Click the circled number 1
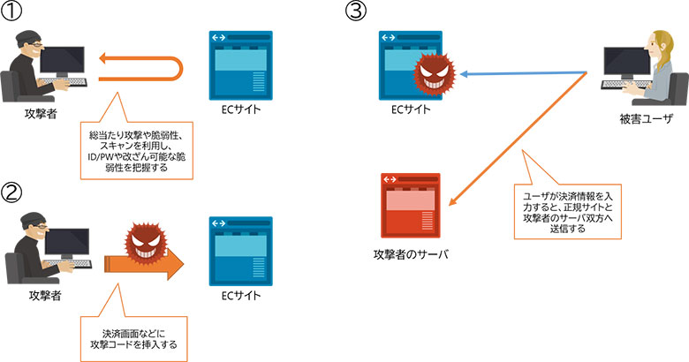tap(13, 13)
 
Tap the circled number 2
tap(13, 191)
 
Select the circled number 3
tap(355, 13)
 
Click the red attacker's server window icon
tap(411, 204)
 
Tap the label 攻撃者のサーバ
tap(411, 255)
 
